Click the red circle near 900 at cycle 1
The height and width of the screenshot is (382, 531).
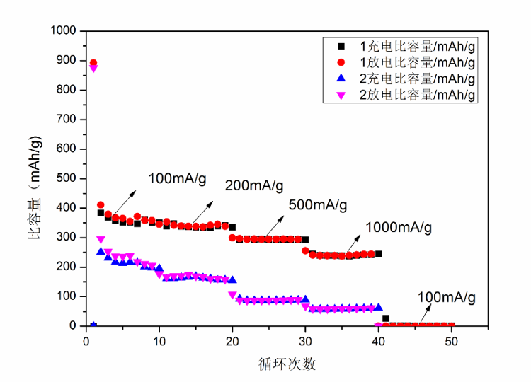(93, 63)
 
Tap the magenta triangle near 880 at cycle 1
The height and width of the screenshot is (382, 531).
(93, 69)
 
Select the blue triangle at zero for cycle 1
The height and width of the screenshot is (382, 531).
(93, 325)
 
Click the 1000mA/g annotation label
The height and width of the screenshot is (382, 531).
(398, 227)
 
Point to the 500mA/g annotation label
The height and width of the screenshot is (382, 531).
(318, 206)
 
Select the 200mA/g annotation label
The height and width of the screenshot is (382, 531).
(254, 187)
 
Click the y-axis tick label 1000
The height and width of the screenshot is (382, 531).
(63, 31)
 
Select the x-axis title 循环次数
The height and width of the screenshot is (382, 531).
(287, 365)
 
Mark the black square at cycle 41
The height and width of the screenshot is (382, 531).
(386, 318)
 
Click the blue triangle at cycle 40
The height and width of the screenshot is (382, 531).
(379, 307)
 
